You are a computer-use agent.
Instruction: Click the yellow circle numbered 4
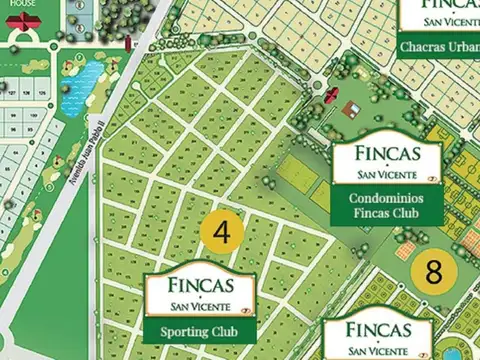tap(222, 232)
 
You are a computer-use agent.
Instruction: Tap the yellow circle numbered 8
tap(433, 272)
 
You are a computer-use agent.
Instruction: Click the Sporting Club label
tap(200, 329)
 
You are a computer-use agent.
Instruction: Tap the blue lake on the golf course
tap(80, 86)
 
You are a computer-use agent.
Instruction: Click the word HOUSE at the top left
tap(23, 4)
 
